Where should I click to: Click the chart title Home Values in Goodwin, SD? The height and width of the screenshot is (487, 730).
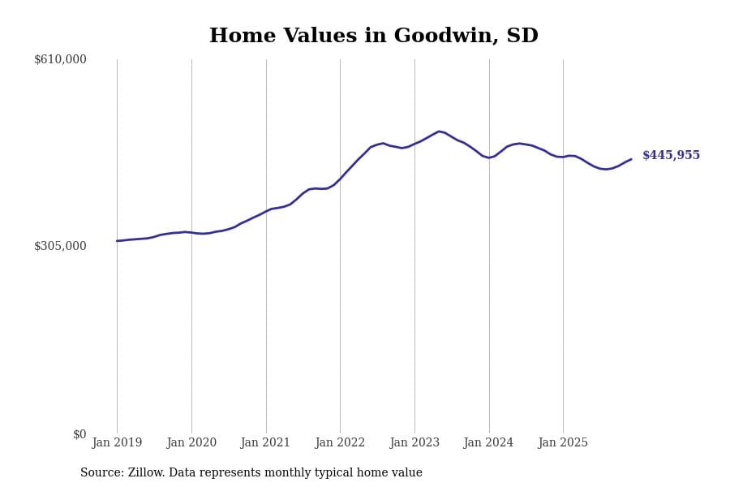tap(373, 37)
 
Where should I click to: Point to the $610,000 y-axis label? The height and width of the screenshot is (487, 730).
tap(60, 59)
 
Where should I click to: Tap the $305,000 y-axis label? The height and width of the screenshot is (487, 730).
tap(60, 246)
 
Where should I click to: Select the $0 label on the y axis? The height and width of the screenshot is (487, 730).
tap(79, 434)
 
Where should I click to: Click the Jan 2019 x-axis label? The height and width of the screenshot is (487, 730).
tap(117, 443)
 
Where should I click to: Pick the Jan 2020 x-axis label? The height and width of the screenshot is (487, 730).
tap(191, 443)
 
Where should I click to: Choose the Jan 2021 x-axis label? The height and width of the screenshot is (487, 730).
tap(265, 443)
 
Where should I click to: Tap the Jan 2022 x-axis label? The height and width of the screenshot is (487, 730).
tap(340, 443)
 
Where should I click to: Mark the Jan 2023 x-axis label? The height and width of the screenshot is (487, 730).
tap(414, 443)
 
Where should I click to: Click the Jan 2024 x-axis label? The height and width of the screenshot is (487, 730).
tap(488, 443)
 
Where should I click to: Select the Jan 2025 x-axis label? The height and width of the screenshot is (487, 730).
tap(563, 443)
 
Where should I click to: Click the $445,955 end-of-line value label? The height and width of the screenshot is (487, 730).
tap(671, 156)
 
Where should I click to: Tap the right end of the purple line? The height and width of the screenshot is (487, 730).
tap(631, 159)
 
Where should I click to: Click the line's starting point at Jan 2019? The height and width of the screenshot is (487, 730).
tap(117, 241)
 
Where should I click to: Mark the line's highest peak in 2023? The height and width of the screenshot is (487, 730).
tap(439, 131)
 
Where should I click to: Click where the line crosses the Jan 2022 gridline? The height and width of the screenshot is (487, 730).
tap(340, 178)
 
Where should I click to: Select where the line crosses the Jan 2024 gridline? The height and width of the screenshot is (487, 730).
tap(488, 157)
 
